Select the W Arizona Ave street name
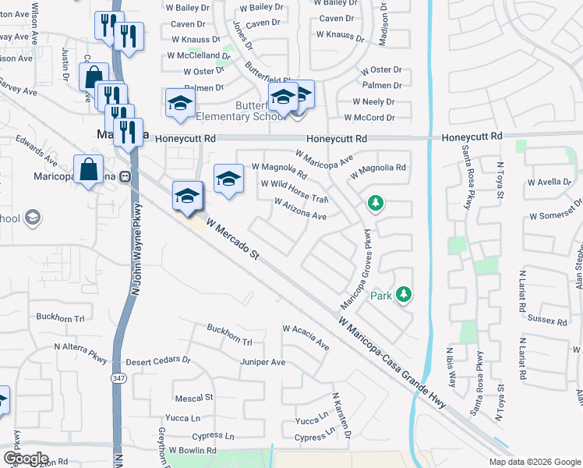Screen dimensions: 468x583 tap(300, 208)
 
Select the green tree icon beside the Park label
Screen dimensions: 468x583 tap(403, 295)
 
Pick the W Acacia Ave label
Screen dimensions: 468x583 tap(306, 338)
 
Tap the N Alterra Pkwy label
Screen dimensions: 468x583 tap(79, 351)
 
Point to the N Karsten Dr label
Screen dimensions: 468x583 tap(341, 417)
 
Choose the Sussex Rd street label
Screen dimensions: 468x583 tap(546, 320)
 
